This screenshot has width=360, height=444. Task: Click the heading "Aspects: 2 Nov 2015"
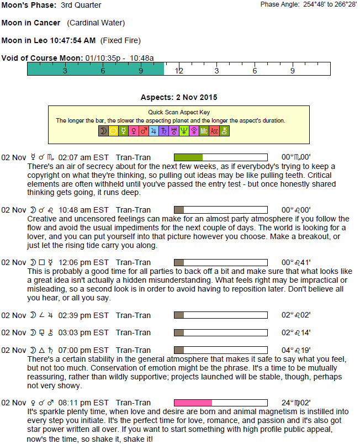pyautogui.click(x=179, y=98)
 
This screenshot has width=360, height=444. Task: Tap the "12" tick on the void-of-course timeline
pyautogui.click(x=178, y=71)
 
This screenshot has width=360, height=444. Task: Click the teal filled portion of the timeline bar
pyautogui.click(x=96, y=69)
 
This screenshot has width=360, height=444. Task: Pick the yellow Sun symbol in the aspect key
pyautogui.click(x=113, y=131)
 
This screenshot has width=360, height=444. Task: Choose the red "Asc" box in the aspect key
pyautogui.click(x=214, y=131)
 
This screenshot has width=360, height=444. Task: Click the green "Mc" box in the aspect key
pyautogui.click(x=204, y=131)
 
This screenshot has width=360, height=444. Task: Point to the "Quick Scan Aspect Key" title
pyautogui.click(x=179, y=112)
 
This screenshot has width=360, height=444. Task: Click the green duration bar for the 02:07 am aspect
pyautogui.click(x=188, y=157)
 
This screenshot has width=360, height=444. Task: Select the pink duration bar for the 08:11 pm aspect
pyautogui.click(x=193, y=403)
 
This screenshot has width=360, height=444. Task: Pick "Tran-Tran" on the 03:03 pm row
pyautogui.click(x=133, y=332)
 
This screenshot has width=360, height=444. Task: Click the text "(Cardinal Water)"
pyautogui.click(x=96, y=23)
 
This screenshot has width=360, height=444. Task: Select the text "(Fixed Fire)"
pyautogui.click(x=120, y=40)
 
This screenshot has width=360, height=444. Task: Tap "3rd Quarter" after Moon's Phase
pyautogui.click(x=81, y=6)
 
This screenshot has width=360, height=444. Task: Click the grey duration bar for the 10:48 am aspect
pyautogui.click(x=179, y=210)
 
